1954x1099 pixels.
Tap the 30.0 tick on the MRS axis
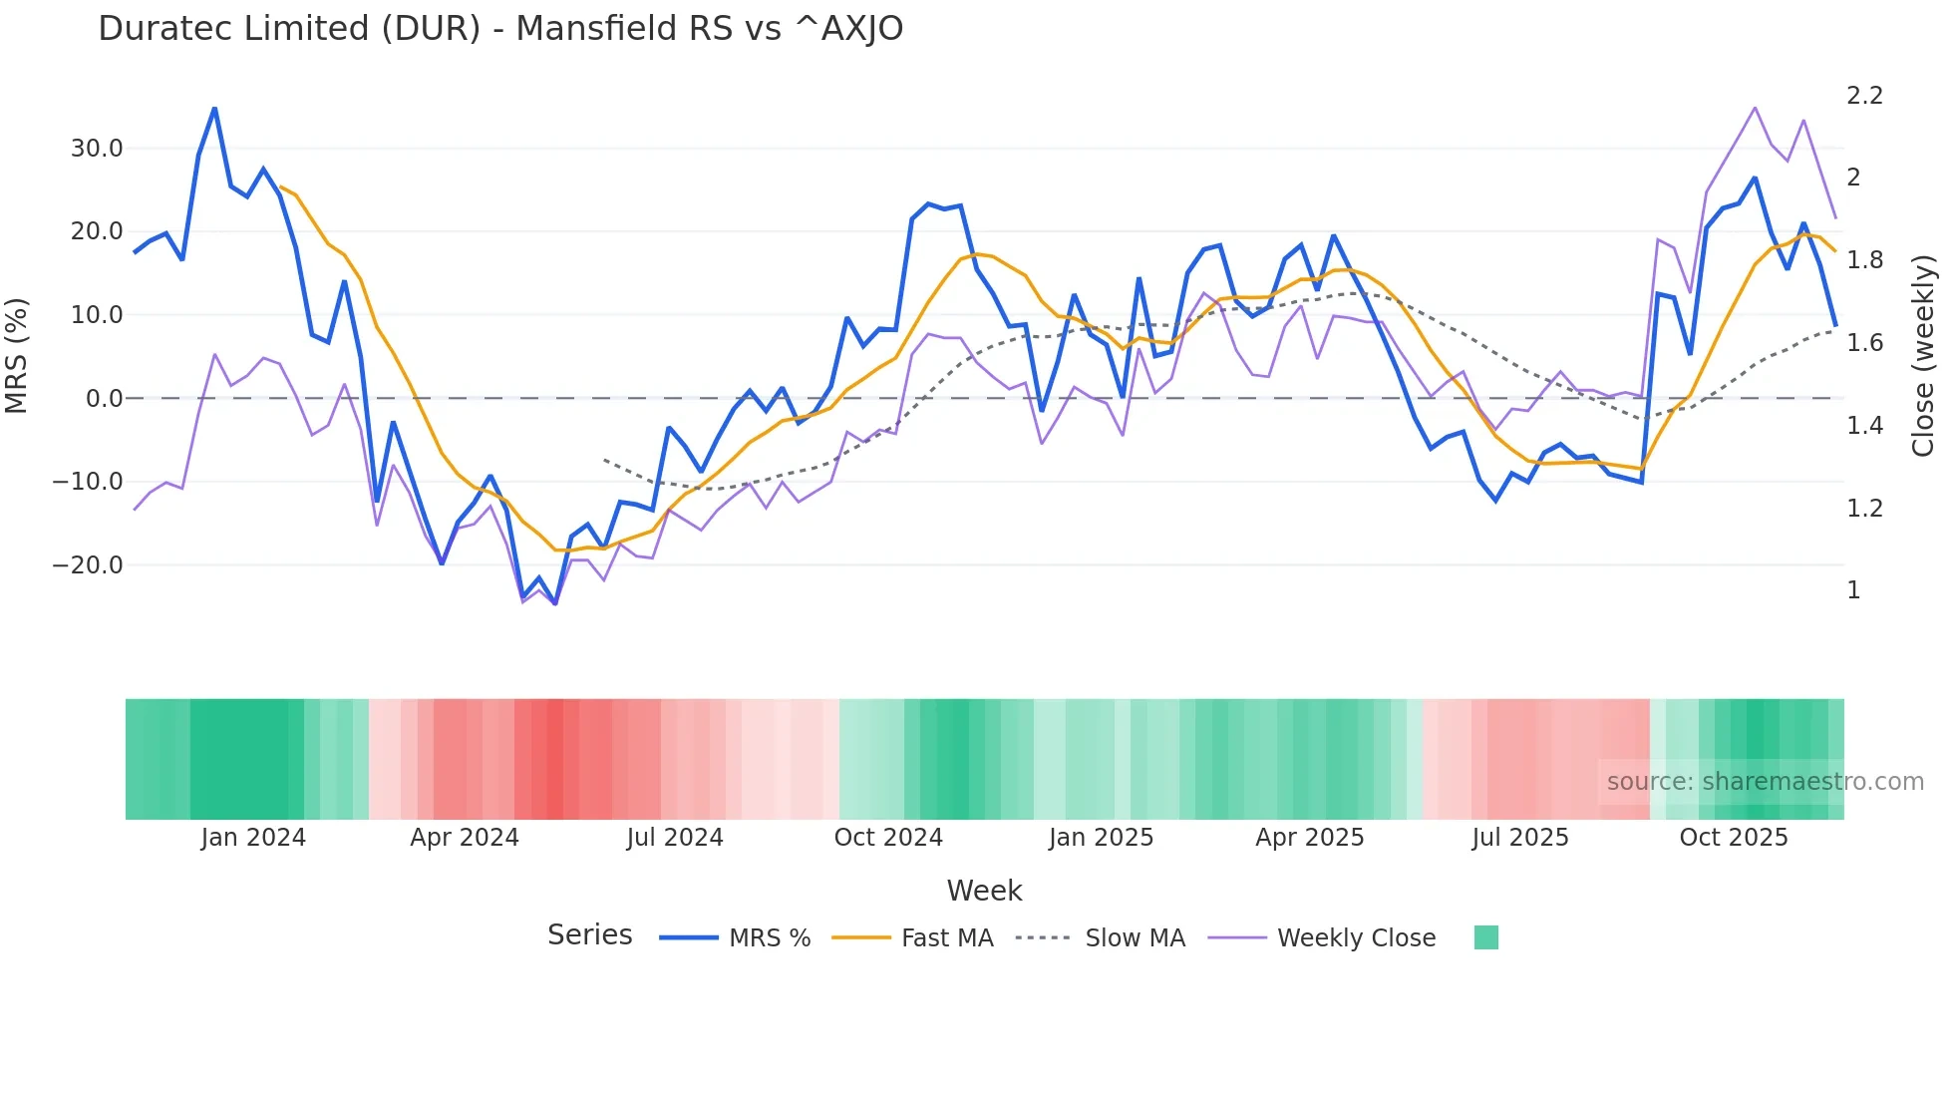click(96, 149)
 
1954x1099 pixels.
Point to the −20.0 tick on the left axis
click(88, 565)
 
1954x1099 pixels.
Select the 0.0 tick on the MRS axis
click(104, 399)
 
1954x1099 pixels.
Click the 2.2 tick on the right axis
click(1864, 96)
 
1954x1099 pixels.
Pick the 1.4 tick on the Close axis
click(1864, 426)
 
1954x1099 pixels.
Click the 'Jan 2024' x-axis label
click(253, 838)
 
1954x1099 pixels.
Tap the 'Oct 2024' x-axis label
click(888, 838)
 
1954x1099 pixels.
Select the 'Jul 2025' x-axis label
click(1519, 838)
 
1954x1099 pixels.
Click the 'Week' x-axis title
click(984, 891)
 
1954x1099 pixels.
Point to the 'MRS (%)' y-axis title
click(17, 355)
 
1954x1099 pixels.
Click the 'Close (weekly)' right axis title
click(1923, 355)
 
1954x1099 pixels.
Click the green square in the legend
click(1485, 937)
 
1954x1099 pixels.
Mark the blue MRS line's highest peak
click(214, 108)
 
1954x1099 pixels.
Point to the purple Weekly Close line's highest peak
click(1755, 107)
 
